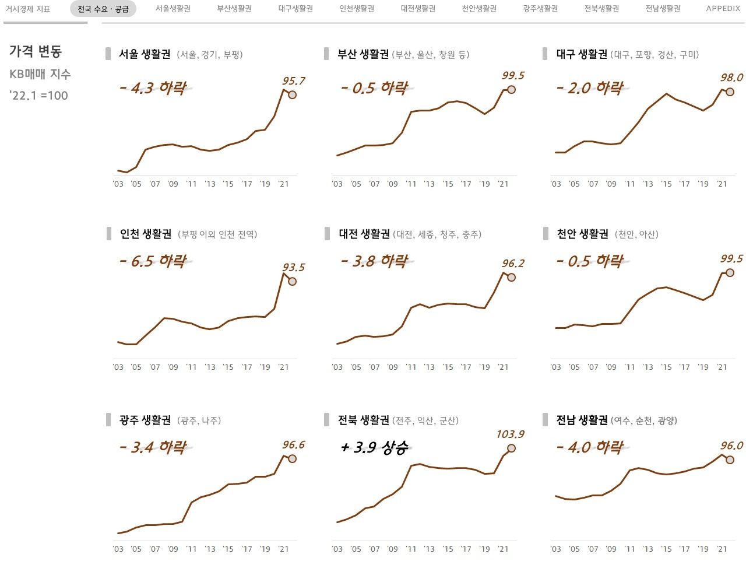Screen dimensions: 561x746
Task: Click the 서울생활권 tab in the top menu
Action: (173, 9)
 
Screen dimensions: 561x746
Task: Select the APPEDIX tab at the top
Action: (723, 9)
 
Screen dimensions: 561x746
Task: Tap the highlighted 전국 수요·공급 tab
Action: (103, 9)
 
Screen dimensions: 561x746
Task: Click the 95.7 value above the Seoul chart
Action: (293, 81)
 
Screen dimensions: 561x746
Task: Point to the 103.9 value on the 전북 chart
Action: (510, 434)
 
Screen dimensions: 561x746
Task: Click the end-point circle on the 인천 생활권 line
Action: (293, 281)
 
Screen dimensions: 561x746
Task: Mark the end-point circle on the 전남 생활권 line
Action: (730, 460)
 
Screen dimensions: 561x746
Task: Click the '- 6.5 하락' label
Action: (153, 261)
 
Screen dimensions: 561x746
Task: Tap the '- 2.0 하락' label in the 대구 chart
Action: (590, 88)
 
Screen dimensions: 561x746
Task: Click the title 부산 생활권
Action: (363, 54)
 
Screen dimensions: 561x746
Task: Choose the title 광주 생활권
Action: (145, 420)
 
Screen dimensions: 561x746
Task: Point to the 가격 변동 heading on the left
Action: (36, 51)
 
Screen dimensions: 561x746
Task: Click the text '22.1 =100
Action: (38, 96)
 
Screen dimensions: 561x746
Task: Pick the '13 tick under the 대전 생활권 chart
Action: (430, 367)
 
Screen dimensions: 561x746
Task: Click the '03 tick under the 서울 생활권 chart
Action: (118, 184)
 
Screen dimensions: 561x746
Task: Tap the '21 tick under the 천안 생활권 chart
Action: (722, 367)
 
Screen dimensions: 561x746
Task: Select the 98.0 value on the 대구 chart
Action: (731, 78)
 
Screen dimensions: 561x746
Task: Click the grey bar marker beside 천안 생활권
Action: (546, 234)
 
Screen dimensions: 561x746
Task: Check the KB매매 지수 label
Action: (40, 74)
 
